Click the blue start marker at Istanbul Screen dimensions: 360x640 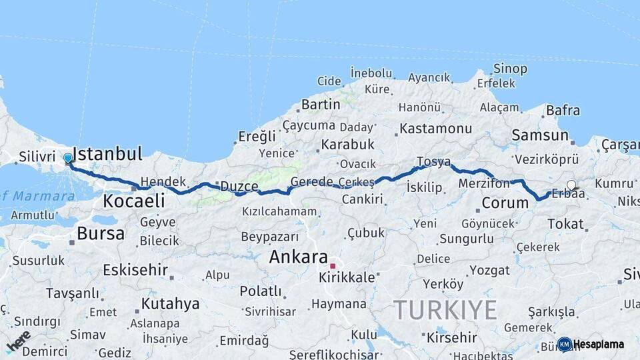(x=68, y=159)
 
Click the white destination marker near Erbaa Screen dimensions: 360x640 (x=571, y=185)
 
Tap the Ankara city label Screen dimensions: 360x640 (x=298, y=257)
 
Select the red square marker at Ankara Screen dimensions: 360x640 (x=333, y=266)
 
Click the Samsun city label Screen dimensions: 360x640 (x=539, y=135)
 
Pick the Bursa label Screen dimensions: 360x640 (x=101, y=233)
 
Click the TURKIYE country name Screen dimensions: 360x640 (x=445, y=310)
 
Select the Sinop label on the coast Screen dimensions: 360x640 (x=510, y=69)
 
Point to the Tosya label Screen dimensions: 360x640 (x=433, y=162)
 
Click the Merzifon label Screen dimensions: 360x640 (x=485, y=183)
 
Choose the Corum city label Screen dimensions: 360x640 (x=505, y=203)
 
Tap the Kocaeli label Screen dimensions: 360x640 (x=134, y=201)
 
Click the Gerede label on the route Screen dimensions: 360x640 (x=312, y=182)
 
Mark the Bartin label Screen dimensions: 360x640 (x=321, y=105)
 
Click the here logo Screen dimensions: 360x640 (x=19, y=341)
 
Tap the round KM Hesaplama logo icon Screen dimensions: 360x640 (x=565, y=344)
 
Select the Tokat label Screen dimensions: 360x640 (x=565, y=224)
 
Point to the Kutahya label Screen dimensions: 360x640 (x=170, y=304)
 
